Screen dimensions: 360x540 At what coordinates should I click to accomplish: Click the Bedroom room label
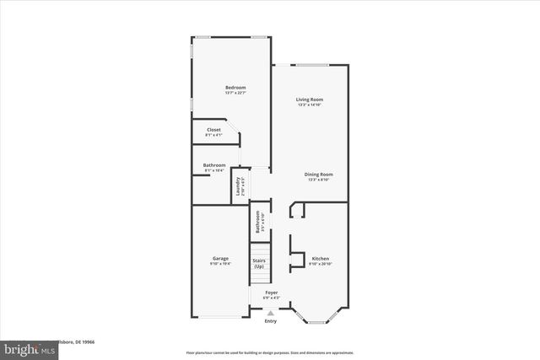235,88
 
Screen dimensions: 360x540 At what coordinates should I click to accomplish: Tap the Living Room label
310,99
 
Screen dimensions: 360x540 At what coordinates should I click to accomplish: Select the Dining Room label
320,174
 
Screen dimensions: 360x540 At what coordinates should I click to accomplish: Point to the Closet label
213,130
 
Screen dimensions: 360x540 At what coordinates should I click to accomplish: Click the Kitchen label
321,258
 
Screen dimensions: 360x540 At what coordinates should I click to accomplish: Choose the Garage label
221,259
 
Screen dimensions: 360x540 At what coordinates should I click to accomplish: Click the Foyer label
271,293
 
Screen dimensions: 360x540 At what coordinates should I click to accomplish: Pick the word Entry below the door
270,321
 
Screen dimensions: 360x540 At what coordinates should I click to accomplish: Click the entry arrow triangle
270,312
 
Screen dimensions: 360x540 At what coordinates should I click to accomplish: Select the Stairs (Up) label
259,263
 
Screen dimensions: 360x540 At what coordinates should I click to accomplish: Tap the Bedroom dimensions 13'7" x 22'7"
235,93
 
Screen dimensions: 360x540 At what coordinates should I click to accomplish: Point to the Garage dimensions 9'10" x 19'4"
221,264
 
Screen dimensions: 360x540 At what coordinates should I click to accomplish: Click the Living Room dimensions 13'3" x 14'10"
310,105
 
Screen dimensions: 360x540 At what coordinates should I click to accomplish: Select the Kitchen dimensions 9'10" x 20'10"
321,263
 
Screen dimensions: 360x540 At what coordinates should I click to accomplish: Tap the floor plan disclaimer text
269,352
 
